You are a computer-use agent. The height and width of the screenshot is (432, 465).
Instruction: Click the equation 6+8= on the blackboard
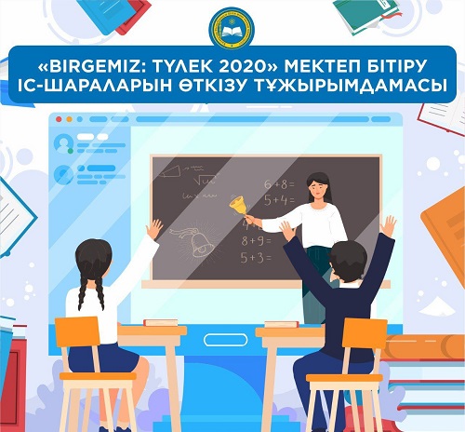click(x=279, y=184)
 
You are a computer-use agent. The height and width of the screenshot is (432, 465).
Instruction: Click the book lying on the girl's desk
click(x=160, y=321)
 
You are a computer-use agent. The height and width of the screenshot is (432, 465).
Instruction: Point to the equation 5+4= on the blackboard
click(x=279, y=199)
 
